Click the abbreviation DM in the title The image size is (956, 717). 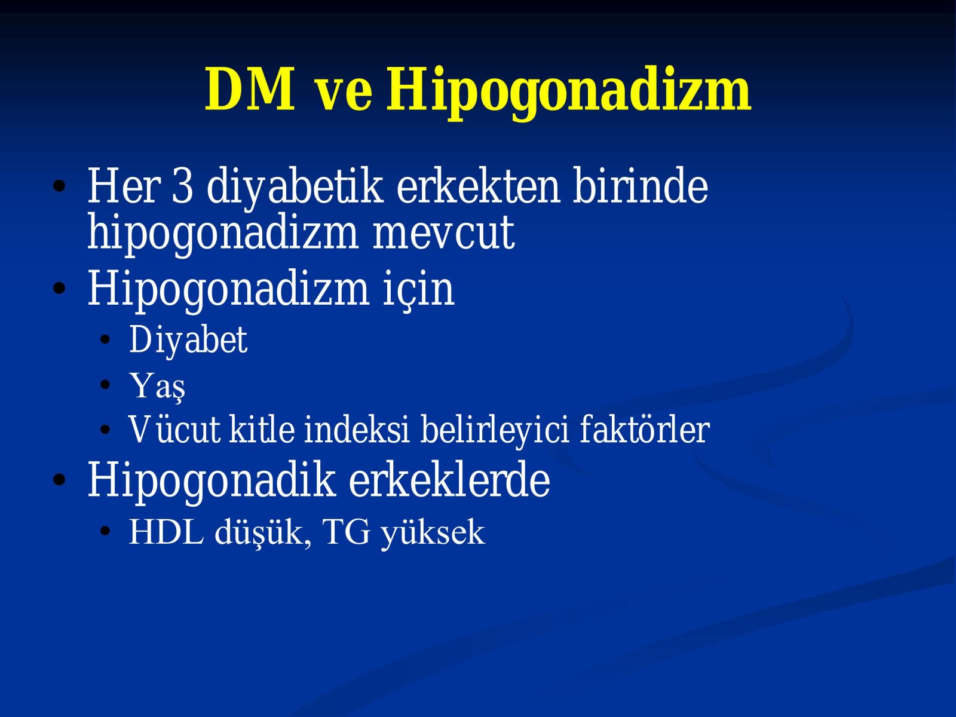[x=250, y=89]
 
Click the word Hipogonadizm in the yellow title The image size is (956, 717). [x=568, y=93]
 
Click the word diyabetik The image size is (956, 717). [x=295, y=188]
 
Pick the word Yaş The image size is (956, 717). [x=157, y=387]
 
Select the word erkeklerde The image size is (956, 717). [x=449, y=480]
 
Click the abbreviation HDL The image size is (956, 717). [x=166, y=532]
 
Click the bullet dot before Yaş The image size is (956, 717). [x=105, y=385]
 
